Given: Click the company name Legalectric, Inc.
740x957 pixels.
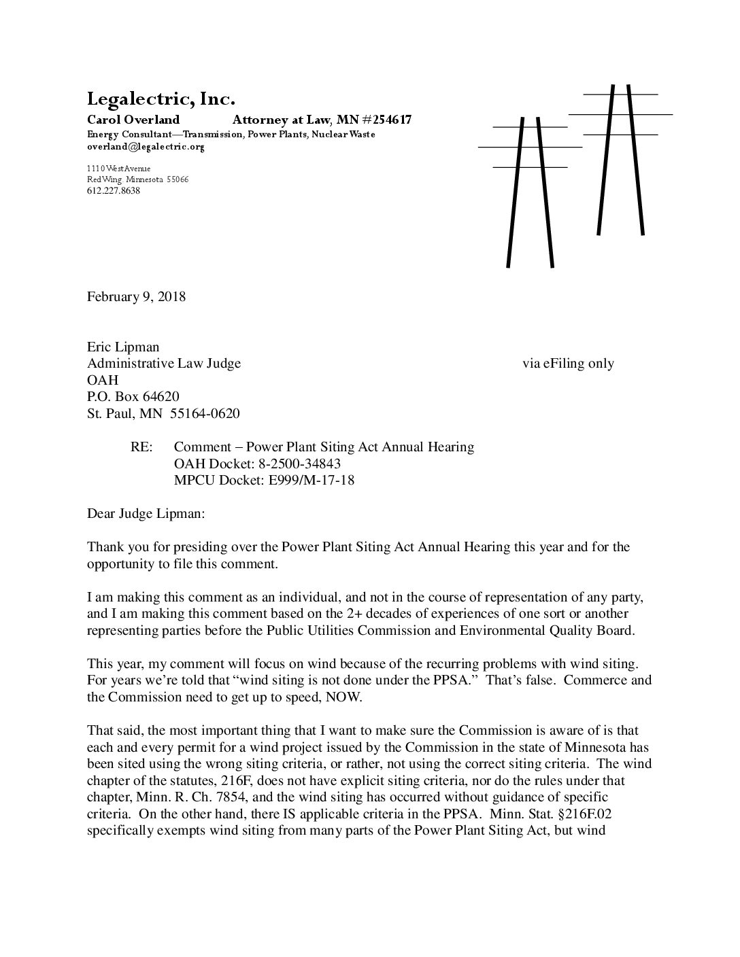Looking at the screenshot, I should tap(161, 100).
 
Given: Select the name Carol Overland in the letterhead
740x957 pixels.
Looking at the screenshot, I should tap(133, 120).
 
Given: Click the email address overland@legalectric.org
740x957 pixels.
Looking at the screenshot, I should tap(146, 146).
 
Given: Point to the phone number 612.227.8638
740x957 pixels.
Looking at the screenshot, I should tap(114, 191).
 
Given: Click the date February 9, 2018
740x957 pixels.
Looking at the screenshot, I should tap(136, 297).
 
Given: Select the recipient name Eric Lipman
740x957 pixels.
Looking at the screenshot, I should tap(123, 347).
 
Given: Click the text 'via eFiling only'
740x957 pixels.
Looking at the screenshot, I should tap(568, 364).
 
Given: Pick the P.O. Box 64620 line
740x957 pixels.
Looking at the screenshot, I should tap(133, 396).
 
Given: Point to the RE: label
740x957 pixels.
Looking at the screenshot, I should tap(142, 447).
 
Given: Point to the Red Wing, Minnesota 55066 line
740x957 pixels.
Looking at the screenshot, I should tap(137, 179).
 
